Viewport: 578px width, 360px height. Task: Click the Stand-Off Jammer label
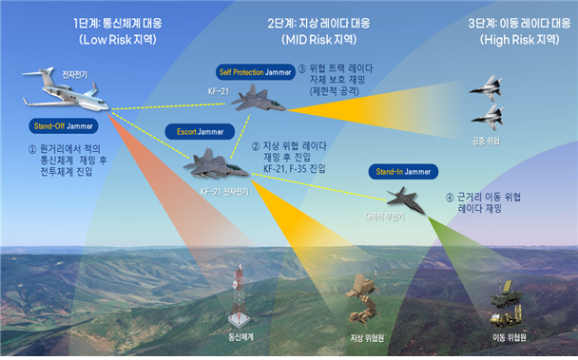(x=59, y=125)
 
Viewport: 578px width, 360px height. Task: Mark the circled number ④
(x=450, y=198)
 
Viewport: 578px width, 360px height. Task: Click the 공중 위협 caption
(x=487, y=142)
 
